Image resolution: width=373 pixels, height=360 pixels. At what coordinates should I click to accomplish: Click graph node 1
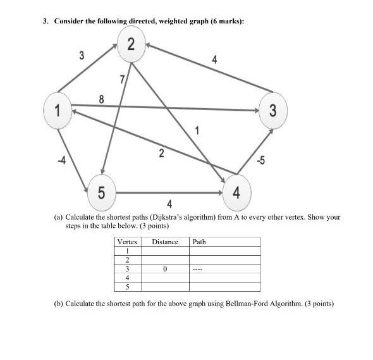tap(58, 110)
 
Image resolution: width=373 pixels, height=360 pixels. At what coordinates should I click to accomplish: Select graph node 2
tap(130, 44)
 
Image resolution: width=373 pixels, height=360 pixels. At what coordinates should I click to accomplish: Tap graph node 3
tap(272, 111)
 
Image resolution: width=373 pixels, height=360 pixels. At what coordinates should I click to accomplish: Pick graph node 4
tap(235, 190)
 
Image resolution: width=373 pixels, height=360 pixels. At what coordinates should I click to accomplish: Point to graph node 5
tap(102, 191)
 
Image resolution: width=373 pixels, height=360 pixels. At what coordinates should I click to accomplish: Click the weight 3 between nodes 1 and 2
tap(81, 55)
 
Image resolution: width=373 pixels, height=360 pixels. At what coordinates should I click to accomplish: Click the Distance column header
tap(165, 242)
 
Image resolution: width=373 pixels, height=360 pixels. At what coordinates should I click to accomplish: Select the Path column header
tap(199, 242)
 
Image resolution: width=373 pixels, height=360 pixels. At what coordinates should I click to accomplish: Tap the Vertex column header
tap(128, 242)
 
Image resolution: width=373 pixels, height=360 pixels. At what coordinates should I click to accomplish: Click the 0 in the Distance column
tap(164, 268)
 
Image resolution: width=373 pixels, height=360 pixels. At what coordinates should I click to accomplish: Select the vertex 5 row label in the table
tap(128, 286)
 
